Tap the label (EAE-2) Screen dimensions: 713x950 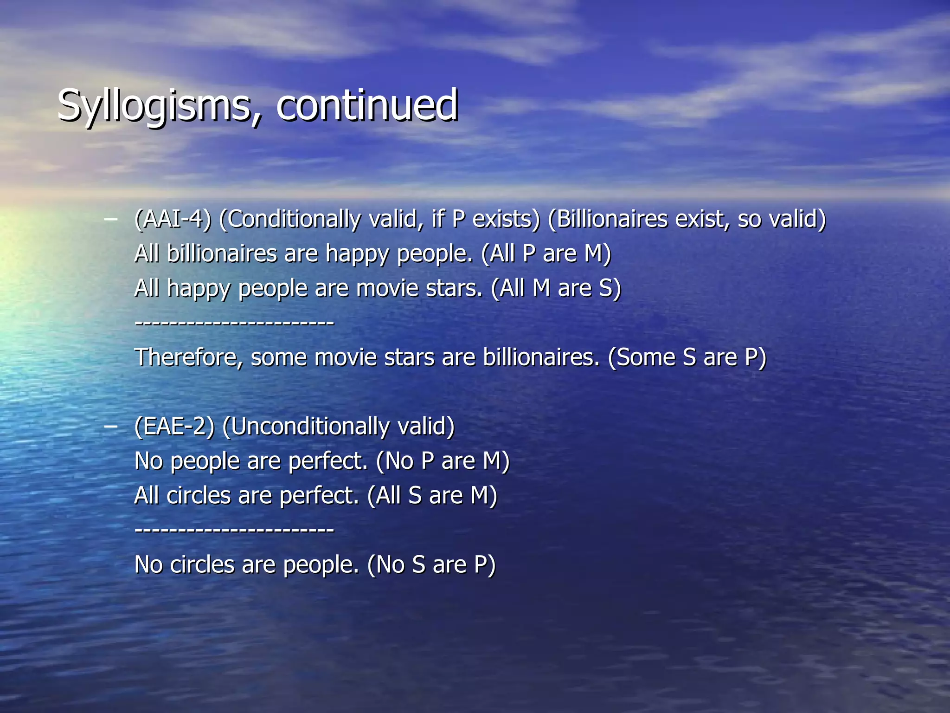pyautogui.click(x=174, y=426)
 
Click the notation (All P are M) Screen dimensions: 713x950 pyautogui.click(x=546, y=254)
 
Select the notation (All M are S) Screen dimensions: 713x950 pyautogui.click(x=556, y=288)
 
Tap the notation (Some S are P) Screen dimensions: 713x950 pyautogui.click(x=687, y=357)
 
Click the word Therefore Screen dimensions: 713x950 pyautogui.click(x=188, y=357)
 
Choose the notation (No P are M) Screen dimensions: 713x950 pyautogui.click(x=443, y=461)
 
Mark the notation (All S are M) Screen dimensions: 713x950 pyautogui.click(x=432, y=495)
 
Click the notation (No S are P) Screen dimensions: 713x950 pyautogui.click(x=431, y=564)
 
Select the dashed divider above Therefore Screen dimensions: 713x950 pyautogui.click(x=234, y=323)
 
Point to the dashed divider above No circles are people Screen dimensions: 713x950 pyautogui.click(x=234, y=530)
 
